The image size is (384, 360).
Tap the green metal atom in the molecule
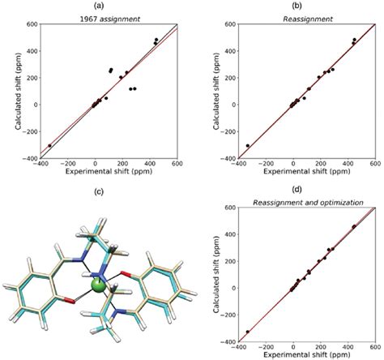point(99,285)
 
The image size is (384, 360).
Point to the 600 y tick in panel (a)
point(30,24)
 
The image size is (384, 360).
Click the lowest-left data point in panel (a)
point(49,146)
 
